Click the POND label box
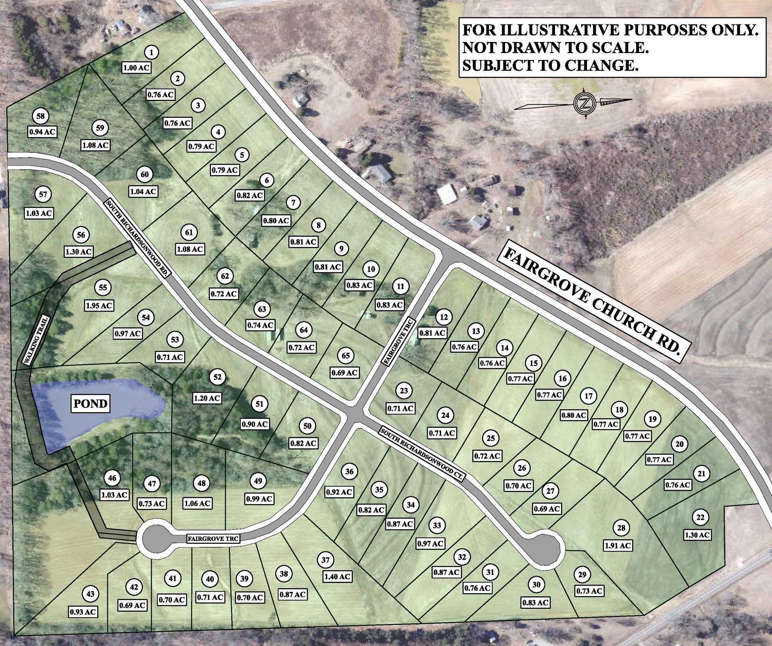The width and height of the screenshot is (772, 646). [x=91, y=404]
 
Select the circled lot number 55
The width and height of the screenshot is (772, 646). [x=103, y=288]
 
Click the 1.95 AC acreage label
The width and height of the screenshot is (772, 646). [x=99, y=306]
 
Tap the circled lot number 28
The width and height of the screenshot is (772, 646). [x=621, y=528]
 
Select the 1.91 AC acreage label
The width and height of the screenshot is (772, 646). [x=618, y=545]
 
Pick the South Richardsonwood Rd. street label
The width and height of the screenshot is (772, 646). [x=138, y=237]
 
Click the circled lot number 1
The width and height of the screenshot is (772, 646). [x=151, y=52]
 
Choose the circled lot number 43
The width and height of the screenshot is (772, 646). [x=91, y=594]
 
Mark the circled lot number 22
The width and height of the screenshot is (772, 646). [x=700, y=517]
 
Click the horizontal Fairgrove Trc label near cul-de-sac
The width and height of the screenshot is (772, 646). [x=214, y=539]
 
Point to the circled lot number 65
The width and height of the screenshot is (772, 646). [x=346, y=355]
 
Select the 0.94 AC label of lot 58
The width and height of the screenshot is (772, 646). [x=42, y=132]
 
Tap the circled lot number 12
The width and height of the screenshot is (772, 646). [x=444, y=317]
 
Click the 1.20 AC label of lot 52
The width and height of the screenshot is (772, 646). [x=207, y=398]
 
